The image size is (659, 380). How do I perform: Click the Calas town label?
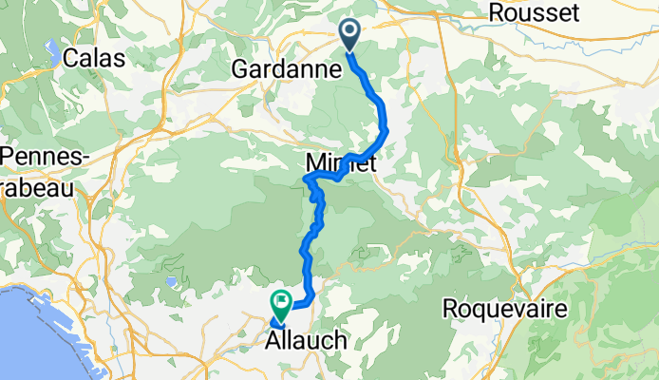(95, 58)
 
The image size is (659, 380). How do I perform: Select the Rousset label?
(533, 13)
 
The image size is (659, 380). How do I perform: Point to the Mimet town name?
(341, 162)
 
